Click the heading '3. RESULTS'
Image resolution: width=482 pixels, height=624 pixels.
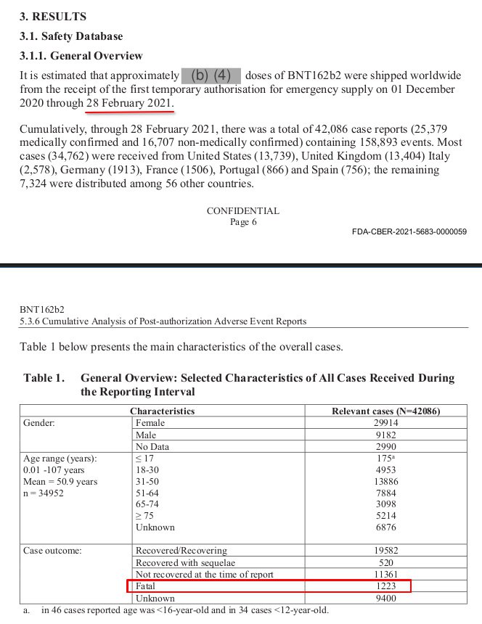[52, 16]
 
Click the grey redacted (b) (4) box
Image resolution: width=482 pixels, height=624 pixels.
[211, 75]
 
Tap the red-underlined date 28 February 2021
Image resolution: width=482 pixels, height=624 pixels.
[130, 104]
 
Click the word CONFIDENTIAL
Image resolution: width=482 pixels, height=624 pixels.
[242, 211]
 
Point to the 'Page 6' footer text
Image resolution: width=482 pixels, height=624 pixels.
[243, 222]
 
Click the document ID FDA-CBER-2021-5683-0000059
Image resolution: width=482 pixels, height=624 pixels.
[409, 232]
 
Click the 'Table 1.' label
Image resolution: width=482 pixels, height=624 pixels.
[44, 378]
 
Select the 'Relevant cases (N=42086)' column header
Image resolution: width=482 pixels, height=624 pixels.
[386, 411]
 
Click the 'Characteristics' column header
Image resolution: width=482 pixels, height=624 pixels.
[162, 411]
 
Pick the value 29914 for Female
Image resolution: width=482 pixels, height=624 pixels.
[385, 422]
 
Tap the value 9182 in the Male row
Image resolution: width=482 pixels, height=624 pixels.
[385, 435]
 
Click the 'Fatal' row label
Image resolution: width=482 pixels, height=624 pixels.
[145, 586]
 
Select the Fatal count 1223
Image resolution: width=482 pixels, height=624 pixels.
[385, 586]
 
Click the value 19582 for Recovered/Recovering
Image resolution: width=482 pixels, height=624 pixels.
[385, 551]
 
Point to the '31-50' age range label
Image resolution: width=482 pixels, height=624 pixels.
[148, 481]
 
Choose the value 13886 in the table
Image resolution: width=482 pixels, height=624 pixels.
[385, 481]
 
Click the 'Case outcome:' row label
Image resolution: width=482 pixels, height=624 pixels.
[52, 551]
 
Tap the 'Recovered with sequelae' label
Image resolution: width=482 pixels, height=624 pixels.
[185, 562]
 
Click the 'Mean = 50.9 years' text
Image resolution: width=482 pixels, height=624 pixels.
[60, 481]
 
